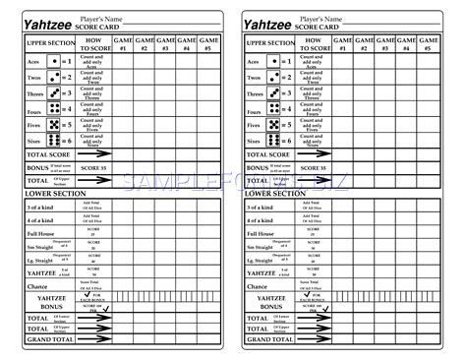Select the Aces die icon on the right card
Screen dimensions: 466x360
point(286,59)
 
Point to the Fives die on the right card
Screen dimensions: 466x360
point(286,125)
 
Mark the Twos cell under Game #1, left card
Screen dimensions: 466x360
point(123,76)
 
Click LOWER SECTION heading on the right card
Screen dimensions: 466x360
point(276,195)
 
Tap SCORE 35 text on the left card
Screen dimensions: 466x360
point(92,169)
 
